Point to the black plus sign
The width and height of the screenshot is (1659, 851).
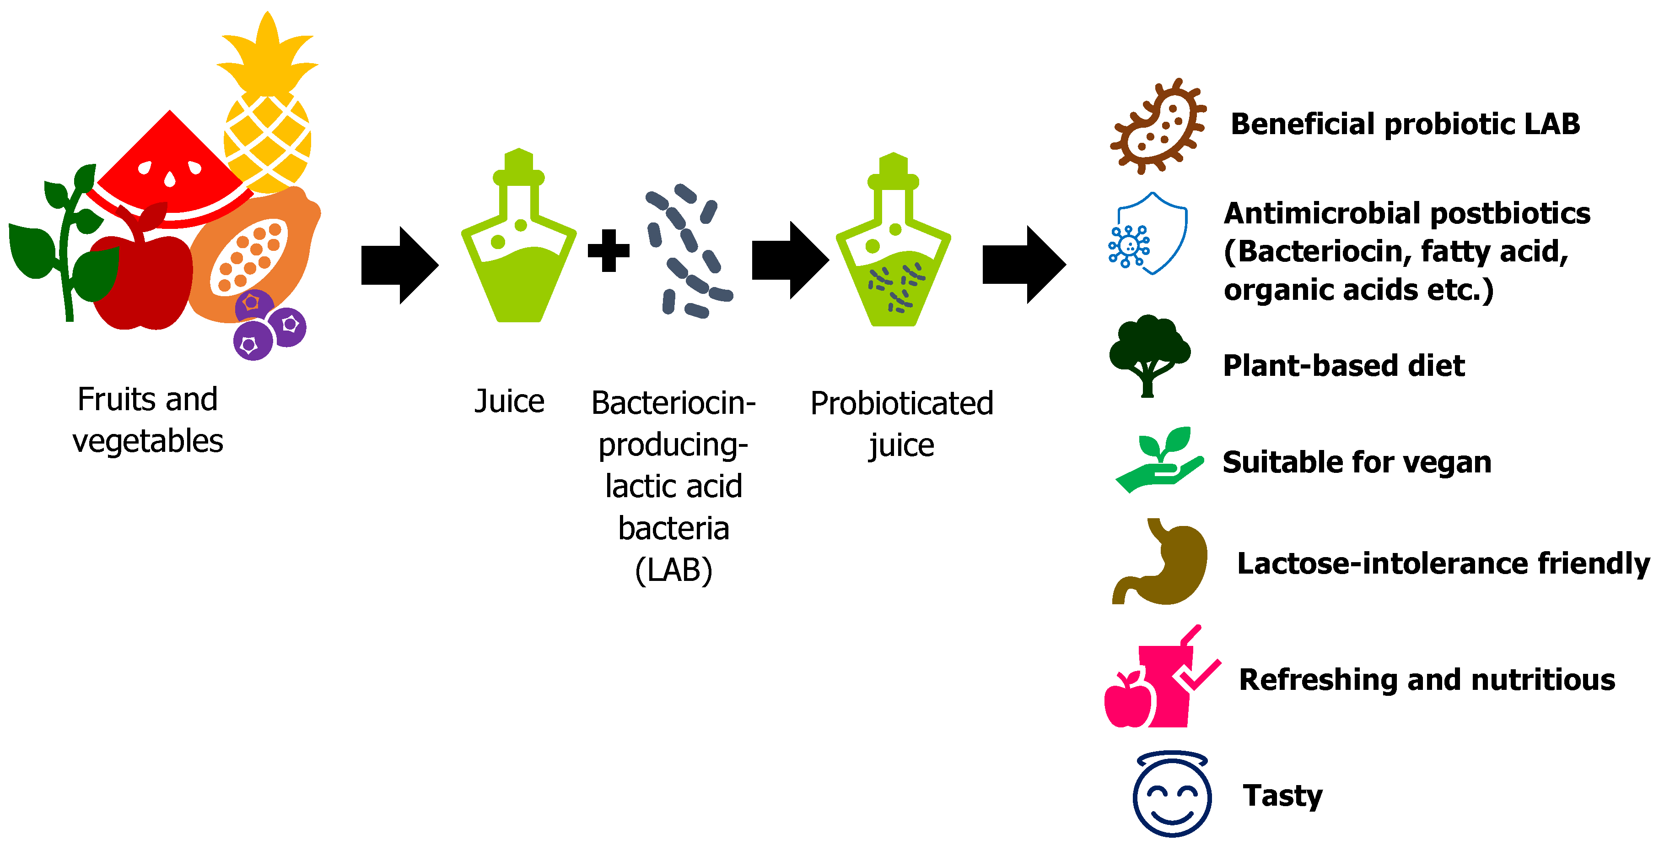coord(609,250)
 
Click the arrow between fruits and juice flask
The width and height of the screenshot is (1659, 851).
coord(399,265)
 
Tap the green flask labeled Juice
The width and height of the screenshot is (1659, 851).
coord(518,258)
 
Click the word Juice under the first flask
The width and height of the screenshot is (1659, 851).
coord(509,401)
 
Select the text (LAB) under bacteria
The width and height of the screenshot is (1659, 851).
coord(673,570)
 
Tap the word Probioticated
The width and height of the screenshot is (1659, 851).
coord(902,404)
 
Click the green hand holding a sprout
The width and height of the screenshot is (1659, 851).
coord(1159,461)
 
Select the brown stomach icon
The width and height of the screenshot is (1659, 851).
coord(1163,564)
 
